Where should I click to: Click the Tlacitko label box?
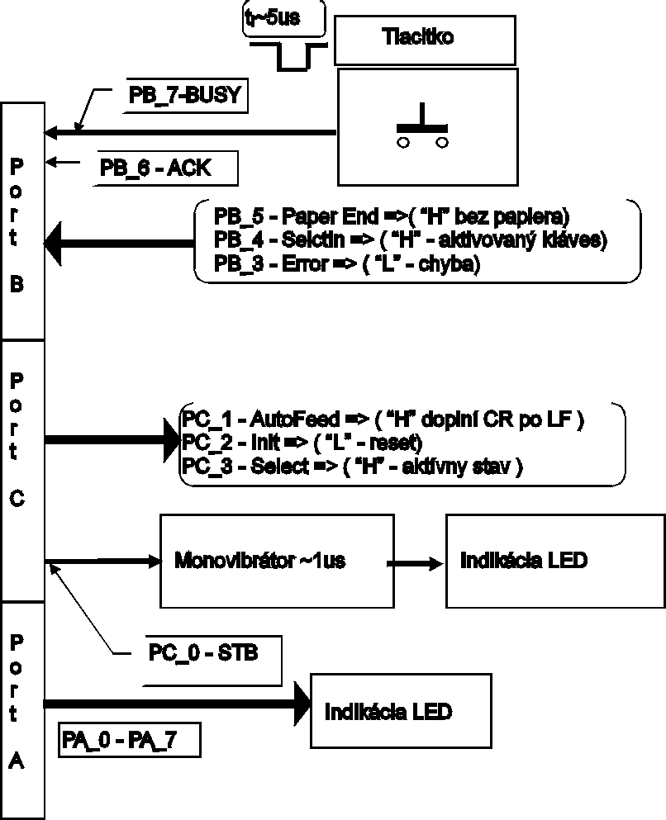[424, 38]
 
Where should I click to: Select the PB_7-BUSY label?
[184, 95]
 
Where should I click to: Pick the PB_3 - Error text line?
[346, 264]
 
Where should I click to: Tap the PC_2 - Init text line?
[302, 442]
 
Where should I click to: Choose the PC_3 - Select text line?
[351, 465]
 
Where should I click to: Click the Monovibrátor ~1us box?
[260, 561]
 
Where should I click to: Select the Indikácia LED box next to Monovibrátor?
[525, 561]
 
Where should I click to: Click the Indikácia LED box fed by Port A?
[389, 711]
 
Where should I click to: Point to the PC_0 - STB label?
[203, 654]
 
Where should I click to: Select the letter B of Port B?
[17, 283]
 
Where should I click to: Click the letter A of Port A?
[17, 761]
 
